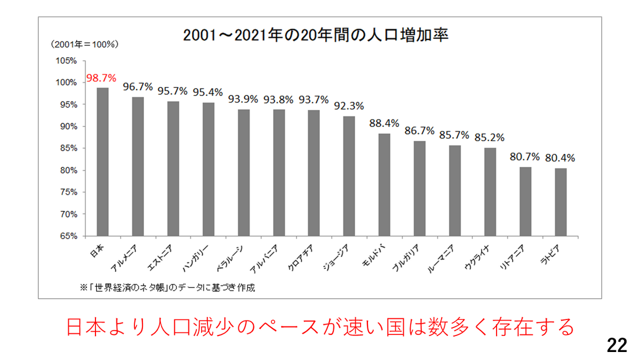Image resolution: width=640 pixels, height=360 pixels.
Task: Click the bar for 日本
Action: point(102,162)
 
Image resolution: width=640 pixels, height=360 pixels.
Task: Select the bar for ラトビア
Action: point(561,202)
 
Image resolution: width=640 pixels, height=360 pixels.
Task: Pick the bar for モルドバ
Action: point(385,185)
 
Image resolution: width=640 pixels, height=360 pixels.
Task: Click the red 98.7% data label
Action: point(101,78)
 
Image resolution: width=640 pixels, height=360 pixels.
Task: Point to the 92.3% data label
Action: point(349,106)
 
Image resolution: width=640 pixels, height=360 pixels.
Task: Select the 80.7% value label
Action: point(525,157)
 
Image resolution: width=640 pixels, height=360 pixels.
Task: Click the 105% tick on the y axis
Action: point(66,61)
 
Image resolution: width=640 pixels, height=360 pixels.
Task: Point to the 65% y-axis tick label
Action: point(68,236)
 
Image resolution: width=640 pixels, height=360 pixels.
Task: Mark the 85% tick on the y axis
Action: point(68,148)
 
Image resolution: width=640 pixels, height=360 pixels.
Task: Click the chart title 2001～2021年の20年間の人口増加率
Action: point(315,35)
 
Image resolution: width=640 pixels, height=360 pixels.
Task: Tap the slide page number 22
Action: point(617,346)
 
